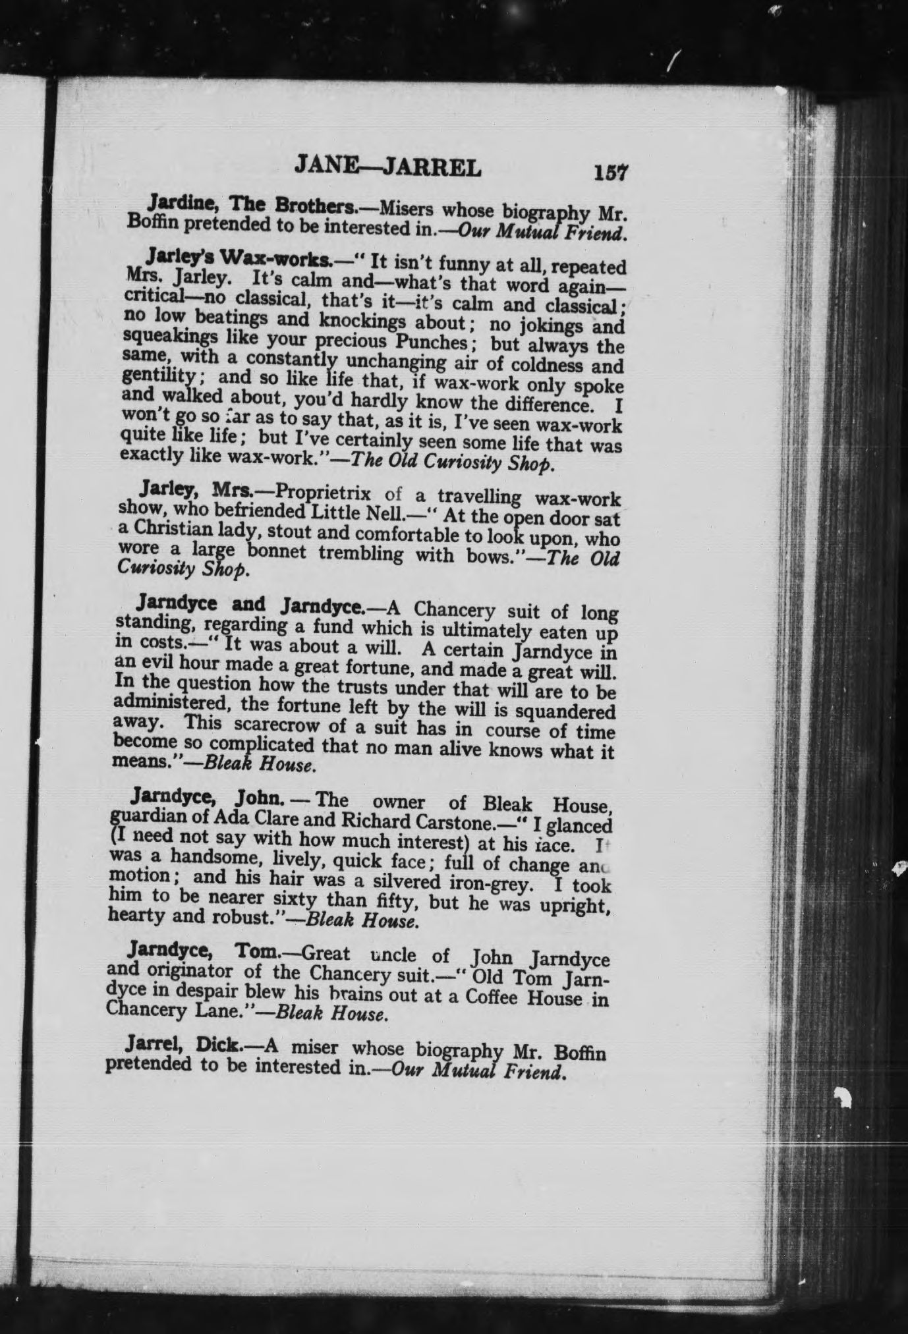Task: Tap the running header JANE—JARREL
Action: (388, 167)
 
